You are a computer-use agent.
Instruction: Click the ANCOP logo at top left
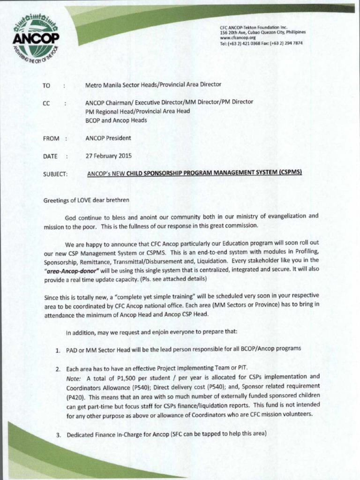(x=36, y=40)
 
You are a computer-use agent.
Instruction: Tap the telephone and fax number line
(x=261, y=43)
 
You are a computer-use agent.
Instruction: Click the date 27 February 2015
(x=108, y=156)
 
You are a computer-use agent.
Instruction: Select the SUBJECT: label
(x=55, y=173)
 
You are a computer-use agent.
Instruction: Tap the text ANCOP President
(x=108, y=138)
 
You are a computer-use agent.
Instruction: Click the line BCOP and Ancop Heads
(x=116, y=120)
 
